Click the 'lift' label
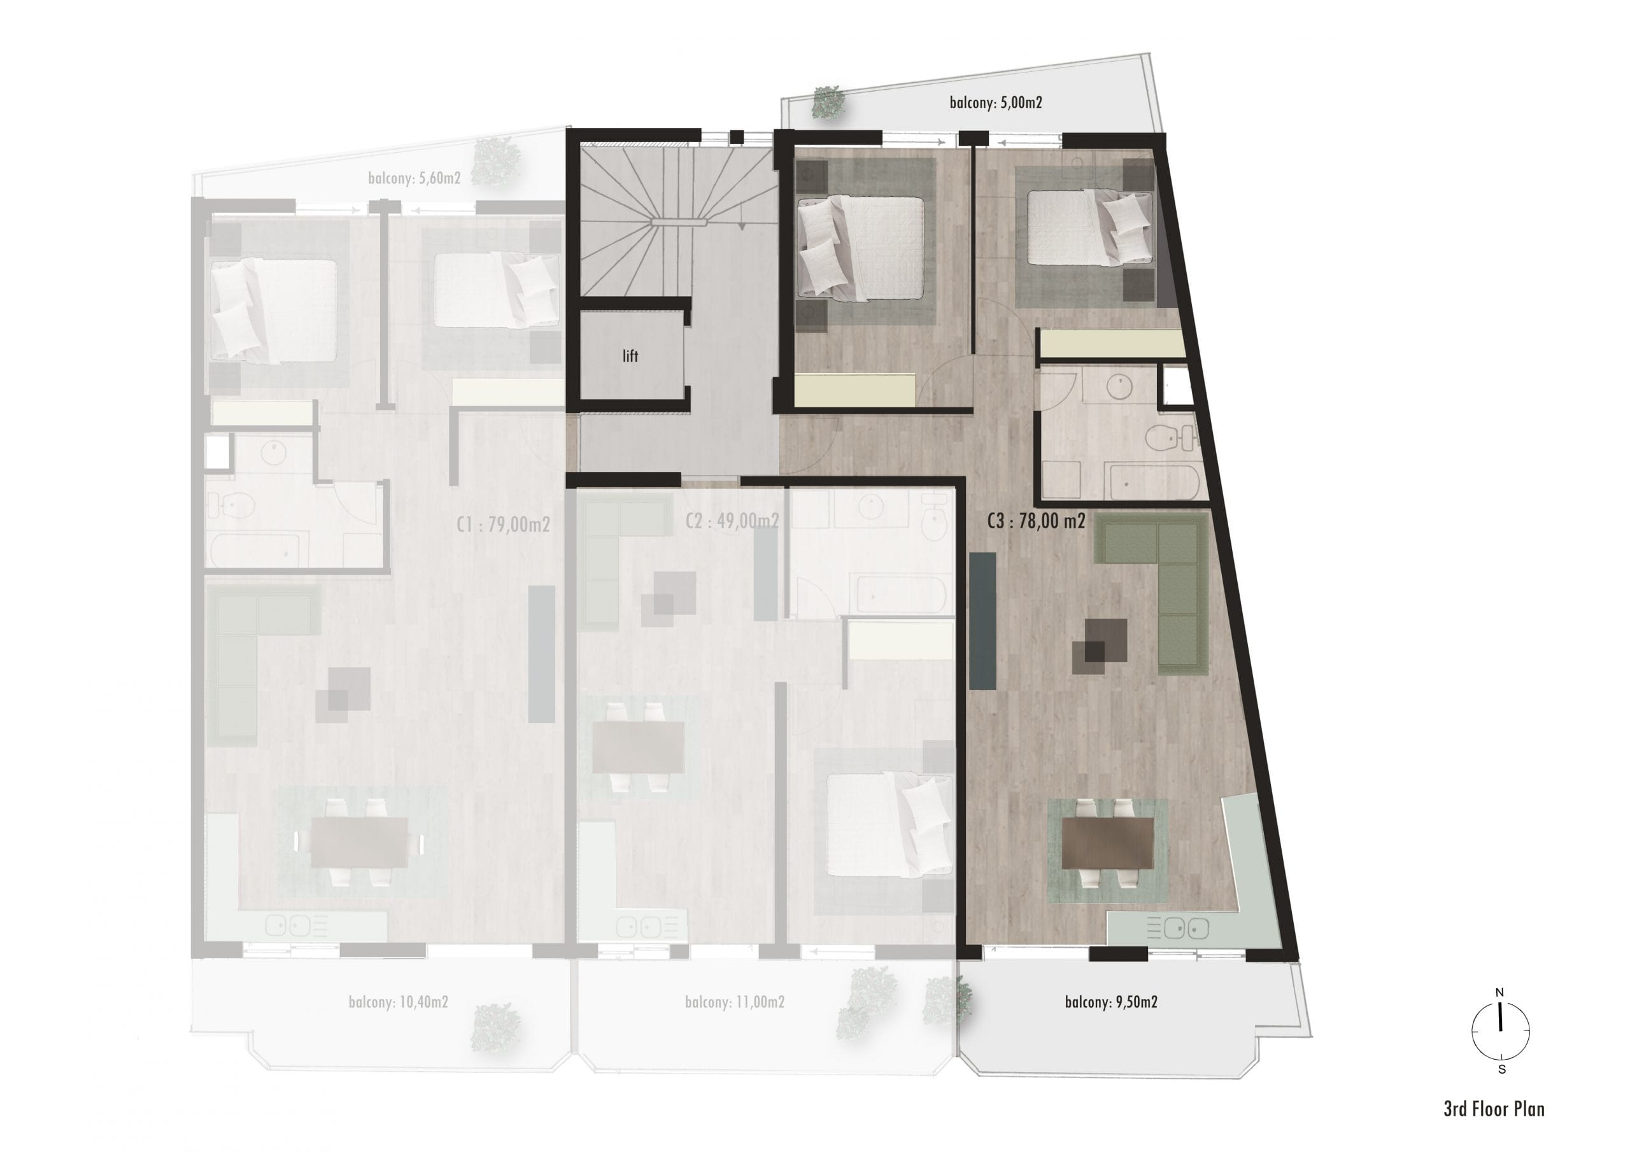click(x=630, y=356)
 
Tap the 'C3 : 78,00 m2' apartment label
click(x=1036, y=522)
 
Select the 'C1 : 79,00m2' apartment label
click(x=504, y=524)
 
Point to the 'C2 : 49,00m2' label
click(x=732, y=522)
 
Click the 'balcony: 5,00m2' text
click(x=995, y=103)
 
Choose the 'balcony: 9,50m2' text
click(x=1111, y=1002)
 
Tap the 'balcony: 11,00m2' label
click(x=735, y=1002)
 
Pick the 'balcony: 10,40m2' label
click(x=399, y=1002)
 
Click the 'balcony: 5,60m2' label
click(x=414, y=178)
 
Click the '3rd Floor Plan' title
click(x=1494, y=1109)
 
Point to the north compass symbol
click(x=1500, y=1030)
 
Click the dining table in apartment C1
click(x=359, y=843)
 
